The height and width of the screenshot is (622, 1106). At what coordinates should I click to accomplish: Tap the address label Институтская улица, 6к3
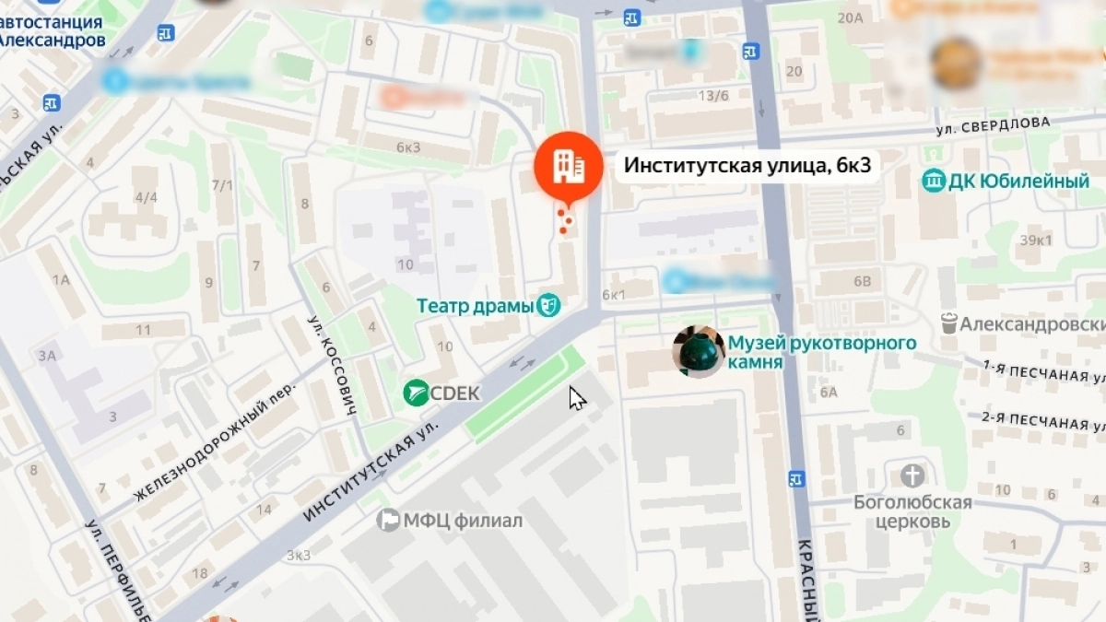coord(747,166)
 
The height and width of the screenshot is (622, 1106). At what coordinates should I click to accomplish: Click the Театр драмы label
coord(476,305)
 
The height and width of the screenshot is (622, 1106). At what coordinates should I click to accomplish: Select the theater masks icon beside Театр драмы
coord(549,303)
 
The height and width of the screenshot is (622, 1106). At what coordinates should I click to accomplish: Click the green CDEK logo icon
coord(417,393)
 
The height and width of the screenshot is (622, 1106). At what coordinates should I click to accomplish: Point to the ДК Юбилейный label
coord(1019,182)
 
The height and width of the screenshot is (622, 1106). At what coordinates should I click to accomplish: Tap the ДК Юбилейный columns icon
coord(934,181)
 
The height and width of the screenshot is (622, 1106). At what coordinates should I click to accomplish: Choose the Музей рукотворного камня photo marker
coord(699,351)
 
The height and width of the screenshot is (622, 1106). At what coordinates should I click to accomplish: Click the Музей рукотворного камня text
coord(822,352)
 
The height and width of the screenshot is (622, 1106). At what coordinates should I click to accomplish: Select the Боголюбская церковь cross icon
coord(912,476)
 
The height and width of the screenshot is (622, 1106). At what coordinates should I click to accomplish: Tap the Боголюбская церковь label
coord(912,511)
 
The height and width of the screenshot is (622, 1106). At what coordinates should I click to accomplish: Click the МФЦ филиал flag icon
coord(390,521)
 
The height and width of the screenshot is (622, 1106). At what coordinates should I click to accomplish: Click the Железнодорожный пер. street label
coord(205,451)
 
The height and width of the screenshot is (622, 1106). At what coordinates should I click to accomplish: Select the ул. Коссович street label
coord(331,365)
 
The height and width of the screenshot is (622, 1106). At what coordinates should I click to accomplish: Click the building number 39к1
coord(1034,241)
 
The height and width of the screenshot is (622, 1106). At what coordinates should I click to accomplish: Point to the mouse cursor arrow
coord(576,398)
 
